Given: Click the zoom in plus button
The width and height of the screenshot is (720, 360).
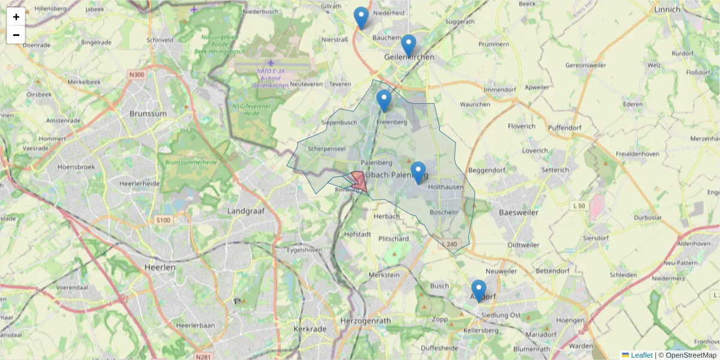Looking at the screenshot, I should tap(16, 17).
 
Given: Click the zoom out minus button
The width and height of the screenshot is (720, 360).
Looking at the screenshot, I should tap(16, 35).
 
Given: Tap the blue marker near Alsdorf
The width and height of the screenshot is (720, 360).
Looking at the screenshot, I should tap(478, 290).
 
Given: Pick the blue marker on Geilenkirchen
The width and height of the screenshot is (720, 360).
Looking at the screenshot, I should tap(409, 45).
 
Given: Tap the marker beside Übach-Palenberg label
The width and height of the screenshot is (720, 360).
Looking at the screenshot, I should tap(418, 172).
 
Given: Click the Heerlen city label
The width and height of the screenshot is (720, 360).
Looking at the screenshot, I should tap(160, 267).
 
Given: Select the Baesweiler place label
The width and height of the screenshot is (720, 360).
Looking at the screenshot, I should tap(518, 212).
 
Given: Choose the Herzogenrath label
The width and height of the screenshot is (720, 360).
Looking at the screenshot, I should tap(365, 321).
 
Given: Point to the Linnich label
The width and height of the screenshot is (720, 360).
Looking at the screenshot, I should tap(667, 10).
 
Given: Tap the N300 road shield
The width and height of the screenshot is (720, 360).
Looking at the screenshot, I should tap(137, 74).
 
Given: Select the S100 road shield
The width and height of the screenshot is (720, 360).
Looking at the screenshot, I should tap(163, 220).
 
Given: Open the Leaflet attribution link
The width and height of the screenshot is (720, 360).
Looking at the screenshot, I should tap(641, 355).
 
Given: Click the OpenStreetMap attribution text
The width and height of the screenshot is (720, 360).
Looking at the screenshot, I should tap(691, 355).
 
